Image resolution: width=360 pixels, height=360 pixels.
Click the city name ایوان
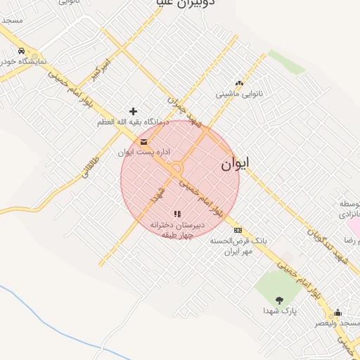235,164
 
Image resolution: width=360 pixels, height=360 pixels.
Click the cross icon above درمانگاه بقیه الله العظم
133,111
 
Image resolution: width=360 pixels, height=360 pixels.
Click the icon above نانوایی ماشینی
239,82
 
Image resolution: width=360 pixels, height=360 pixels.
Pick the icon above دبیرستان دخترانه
177,214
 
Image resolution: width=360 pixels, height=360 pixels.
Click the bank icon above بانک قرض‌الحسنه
238,230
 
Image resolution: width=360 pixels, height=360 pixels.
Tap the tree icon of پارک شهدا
281,300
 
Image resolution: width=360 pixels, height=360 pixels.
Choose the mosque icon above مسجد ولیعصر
337,313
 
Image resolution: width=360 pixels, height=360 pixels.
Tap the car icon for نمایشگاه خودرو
22,51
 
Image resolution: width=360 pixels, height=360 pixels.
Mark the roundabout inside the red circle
175,169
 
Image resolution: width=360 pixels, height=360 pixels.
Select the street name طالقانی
89,163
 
